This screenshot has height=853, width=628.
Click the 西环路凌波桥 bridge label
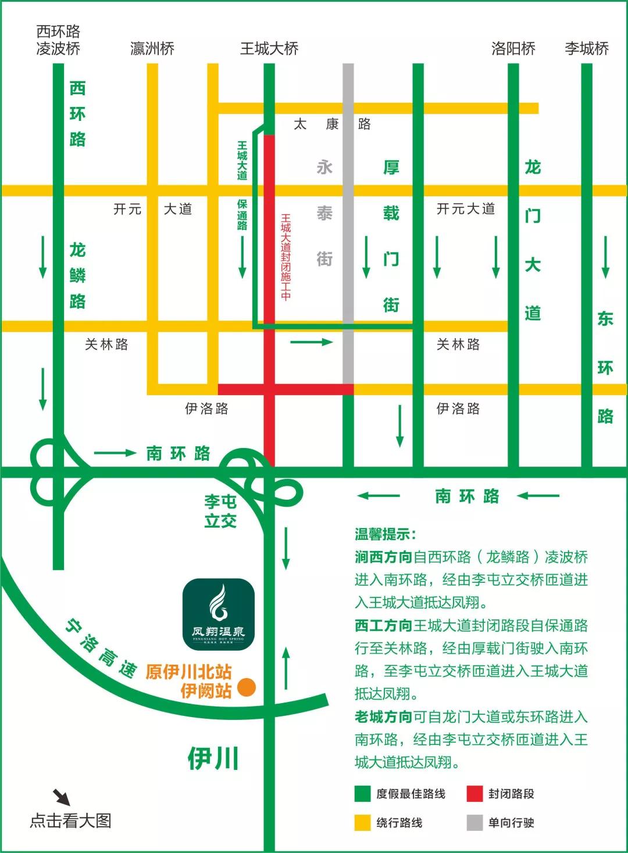point(58,40)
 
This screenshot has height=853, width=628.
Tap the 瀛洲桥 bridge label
point(152,48)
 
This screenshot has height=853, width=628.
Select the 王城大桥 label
point(269,48)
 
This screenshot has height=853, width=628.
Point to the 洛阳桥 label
point(513,48)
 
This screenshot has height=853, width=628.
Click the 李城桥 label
point(587,48)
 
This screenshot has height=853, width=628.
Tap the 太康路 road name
point(332,124)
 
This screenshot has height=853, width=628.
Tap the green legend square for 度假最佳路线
point(362,794)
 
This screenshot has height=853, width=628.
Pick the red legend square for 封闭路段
point(474,794)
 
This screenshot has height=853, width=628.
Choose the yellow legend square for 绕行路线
point(362,823)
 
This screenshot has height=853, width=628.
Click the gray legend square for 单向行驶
point(474,823)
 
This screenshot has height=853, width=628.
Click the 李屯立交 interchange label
point(220,511)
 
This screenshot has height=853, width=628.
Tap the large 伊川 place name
point(213,759)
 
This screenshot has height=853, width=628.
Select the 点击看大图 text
point(70,820)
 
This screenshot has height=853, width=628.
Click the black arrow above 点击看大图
point(62,797)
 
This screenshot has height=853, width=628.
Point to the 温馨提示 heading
point(385,535)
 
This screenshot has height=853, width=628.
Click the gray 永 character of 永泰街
point(324,167)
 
